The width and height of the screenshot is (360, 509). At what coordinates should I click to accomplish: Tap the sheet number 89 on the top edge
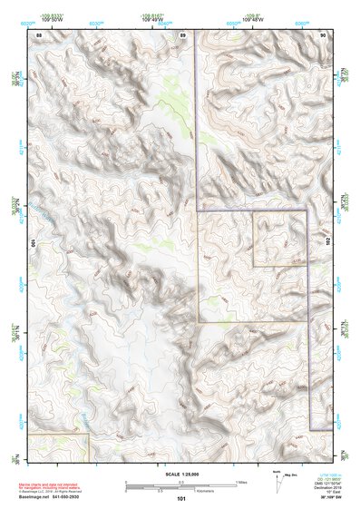coord(182,34)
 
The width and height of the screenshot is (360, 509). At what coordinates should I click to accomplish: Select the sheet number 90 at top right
coord(324,34)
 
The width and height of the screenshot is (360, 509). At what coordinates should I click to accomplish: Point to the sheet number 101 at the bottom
coord(181,498)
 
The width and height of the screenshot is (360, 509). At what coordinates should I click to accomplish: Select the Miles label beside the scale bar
coord(241,482)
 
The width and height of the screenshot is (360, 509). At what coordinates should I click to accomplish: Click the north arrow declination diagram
coord(277,484)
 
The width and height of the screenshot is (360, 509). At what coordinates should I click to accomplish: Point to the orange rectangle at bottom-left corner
coord(58,445)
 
